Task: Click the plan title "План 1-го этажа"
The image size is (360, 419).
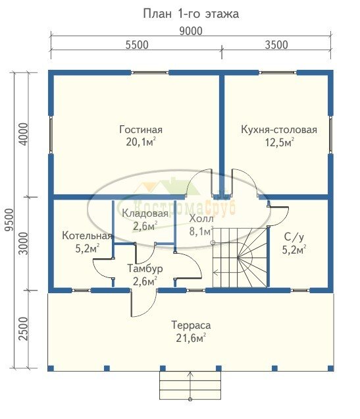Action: tap(191, 14)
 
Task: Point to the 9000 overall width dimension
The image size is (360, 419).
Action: tap(191, 31)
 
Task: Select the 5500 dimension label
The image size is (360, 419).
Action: tap(137, 45)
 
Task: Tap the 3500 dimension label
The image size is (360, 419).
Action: tap(276, 45)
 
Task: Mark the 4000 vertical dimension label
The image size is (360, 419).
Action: tap(24, 134)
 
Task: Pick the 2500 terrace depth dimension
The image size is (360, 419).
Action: tap(24, 329)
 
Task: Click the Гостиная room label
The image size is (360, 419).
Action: tap(141, 130)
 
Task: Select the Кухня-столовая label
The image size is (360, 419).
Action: tap(279, 130)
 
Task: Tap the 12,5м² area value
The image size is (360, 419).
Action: tap(279, 142)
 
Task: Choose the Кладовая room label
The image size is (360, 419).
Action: tap(145, 213)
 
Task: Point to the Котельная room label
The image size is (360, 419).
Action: tap(87, 236)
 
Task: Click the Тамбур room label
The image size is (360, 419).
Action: tap(145, 269)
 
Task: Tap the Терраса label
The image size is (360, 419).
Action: tap(191, 325)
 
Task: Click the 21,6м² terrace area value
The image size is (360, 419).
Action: tap(191, 339)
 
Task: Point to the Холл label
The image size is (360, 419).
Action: tap(201, 219)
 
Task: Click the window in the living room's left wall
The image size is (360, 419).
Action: tap(51, 134)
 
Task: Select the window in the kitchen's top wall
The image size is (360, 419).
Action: tap(278, 72)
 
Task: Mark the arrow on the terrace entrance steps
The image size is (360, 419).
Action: tap(190, 385)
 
